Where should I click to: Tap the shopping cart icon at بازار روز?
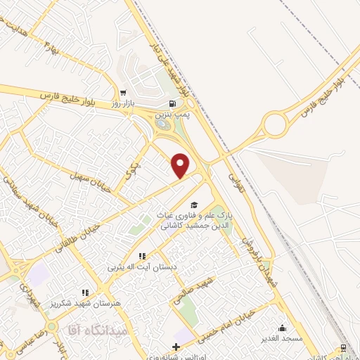[123, 93]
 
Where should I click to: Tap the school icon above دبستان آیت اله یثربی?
[141, 256]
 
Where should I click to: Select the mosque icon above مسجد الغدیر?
[282, 327]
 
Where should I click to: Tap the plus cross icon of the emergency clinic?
[175, 347]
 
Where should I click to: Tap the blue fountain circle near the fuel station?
[163, 125]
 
